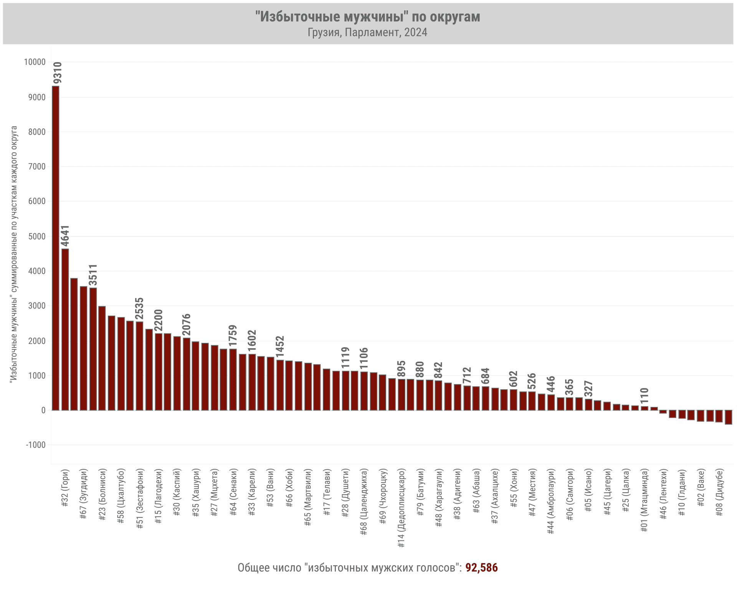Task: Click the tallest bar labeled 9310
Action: coord(56,248)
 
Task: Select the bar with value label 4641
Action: coord(65,329)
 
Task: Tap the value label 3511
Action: coord(93,275)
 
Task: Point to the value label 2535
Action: coord(139,308)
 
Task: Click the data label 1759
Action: coord(233,335)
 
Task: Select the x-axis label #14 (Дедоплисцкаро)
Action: coord(402,507)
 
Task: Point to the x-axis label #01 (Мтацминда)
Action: coord(644,500)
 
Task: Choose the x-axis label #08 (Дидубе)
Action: coord(720,492)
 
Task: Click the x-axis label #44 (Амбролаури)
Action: coord(551,501)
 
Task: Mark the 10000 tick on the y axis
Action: coord(35,62)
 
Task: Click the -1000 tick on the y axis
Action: coord(35,445)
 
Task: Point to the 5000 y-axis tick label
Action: coord(37,236)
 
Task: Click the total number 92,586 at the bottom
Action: coord(481,568)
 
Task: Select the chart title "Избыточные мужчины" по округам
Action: coord(368,17)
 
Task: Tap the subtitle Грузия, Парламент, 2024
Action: coord(368,32)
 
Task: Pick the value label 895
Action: coord(402,369)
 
